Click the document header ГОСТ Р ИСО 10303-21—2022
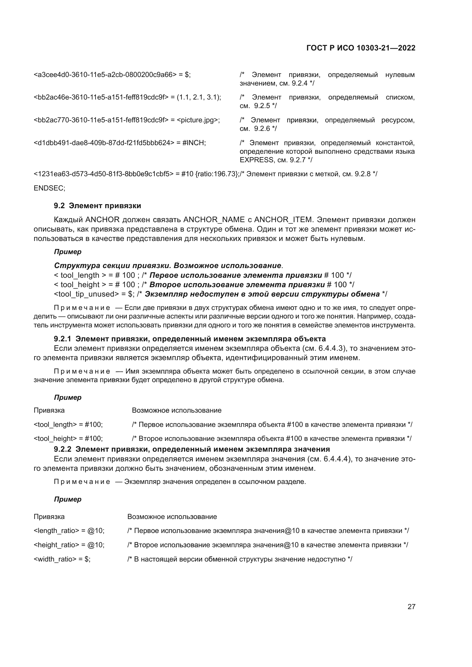[x=361, y=48]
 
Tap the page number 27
[x=411, y=607]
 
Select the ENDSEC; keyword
[x=49, y=188]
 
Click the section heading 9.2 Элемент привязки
[x=97, y=206]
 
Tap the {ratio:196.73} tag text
[x=217, y=174]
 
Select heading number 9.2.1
[x=62, y=339]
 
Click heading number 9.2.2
[x=62, y=449]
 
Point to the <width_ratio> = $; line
[x=62, y=559]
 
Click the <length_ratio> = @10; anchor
[x=69, y=531]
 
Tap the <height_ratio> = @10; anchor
[x=69, y=545]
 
